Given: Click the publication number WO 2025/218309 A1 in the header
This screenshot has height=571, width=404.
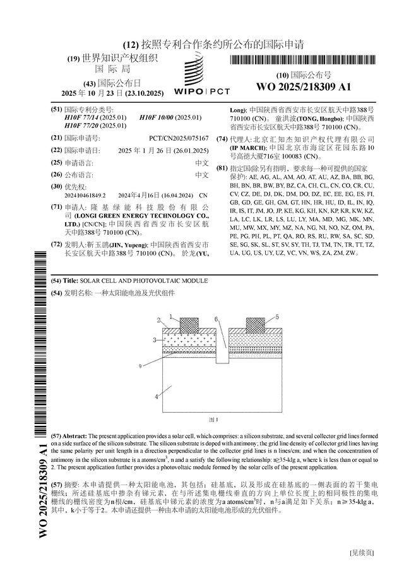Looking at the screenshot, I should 304,87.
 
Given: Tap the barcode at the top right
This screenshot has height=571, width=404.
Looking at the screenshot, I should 304,61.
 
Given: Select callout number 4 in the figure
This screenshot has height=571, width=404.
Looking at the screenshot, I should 156,397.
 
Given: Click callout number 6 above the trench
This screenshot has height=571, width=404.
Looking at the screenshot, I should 216,319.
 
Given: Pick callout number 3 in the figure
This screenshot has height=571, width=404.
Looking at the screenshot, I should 155,340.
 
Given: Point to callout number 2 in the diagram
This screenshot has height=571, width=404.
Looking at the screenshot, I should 159,321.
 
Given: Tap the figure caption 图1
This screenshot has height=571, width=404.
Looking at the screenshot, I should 213,420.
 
